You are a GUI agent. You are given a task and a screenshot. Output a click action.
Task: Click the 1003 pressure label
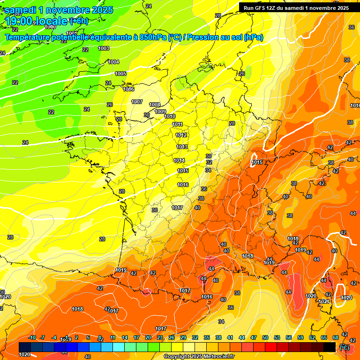[x=104, y=48]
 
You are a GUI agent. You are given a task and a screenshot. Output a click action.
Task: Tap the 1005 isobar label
[x=120, y=74]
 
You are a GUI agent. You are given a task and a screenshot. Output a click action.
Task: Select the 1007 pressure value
[x=137, y=102]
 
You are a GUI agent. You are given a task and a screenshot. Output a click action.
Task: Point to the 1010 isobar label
[x=170, y=116]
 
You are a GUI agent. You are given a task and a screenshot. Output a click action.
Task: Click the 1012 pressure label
[x=181, y=135]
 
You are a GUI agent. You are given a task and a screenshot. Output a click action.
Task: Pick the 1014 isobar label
[x=179, y=160]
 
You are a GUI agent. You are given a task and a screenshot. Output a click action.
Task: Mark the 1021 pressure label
[x=323, y=301]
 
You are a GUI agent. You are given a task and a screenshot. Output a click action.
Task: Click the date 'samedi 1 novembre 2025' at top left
[x=59, y=10]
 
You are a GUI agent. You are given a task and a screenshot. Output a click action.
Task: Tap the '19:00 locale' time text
[x=36, y=21]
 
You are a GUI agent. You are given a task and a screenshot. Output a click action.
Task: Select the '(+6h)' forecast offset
[x=78, y=21]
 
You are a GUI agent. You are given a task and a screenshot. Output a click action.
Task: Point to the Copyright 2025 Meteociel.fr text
[x=199, y=357]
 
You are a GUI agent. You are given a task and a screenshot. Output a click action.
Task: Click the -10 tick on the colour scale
[x=32, y=337]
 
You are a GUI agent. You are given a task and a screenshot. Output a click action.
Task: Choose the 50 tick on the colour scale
[x=265, y=337]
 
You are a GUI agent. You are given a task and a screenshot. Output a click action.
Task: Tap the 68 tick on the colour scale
[x=336, y=337]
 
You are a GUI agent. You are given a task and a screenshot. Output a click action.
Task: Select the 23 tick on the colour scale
[x=160, y=337]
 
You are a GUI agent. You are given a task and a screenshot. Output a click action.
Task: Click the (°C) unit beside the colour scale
[x=344, y=347]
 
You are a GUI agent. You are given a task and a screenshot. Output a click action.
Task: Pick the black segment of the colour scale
[x=330, y=347]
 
